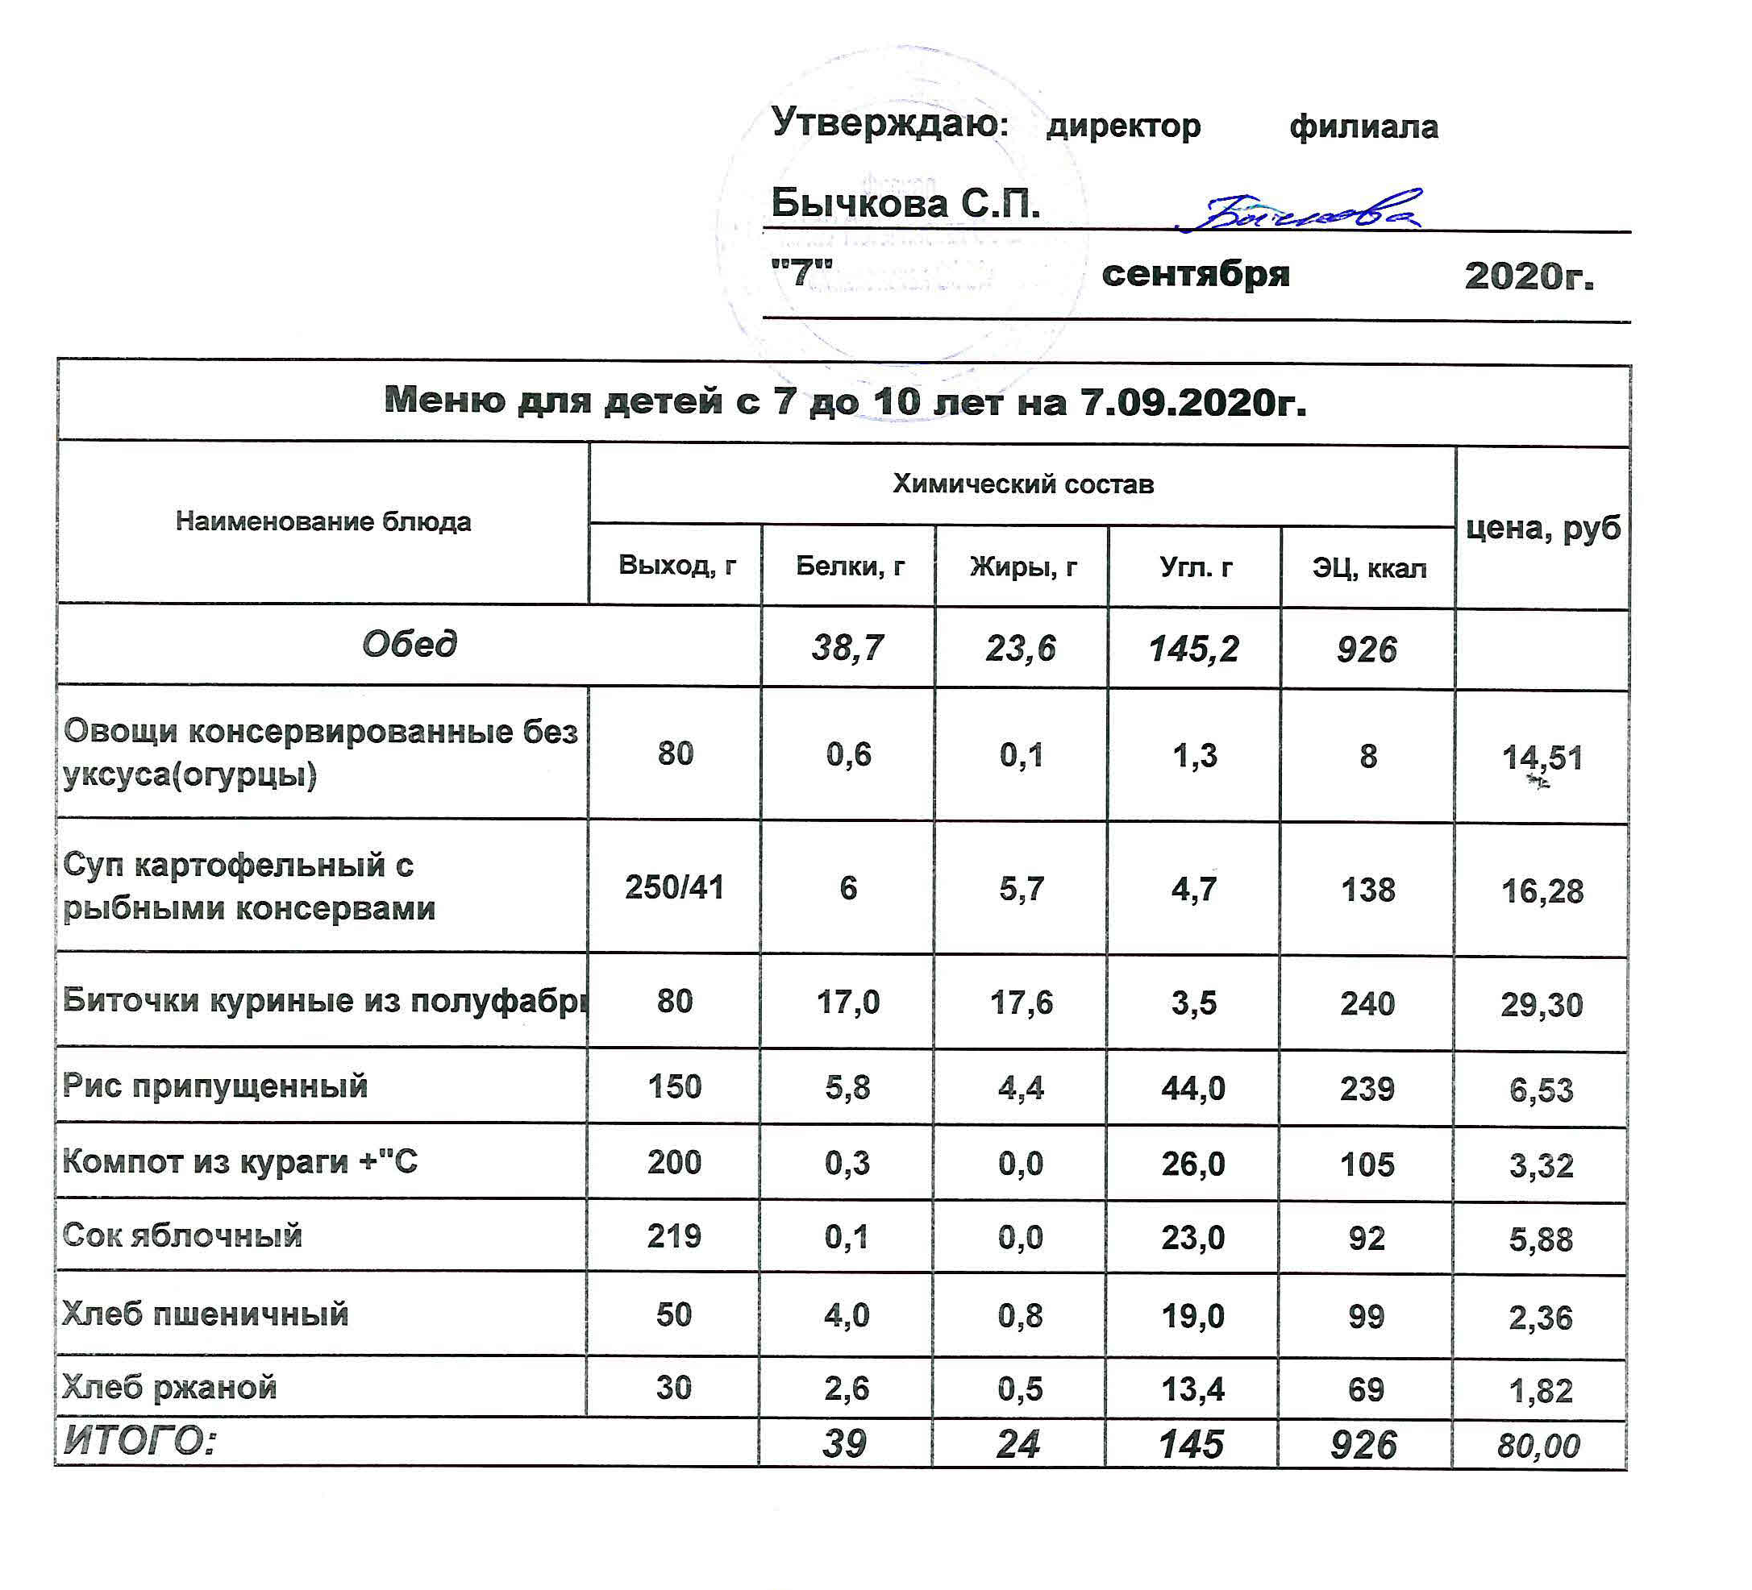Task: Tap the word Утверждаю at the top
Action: (888, 122)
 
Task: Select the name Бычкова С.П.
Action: (905, 203)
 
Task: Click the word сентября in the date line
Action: (1196, 275)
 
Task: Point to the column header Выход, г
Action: (677, 566)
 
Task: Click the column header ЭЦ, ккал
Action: (1369, 568)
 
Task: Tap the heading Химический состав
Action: (1023, 484)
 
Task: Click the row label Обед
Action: (409, 645)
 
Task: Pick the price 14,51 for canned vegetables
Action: (1542, 758)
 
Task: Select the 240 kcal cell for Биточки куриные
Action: (1367, 1003)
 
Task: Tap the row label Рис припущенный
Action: (215, 1086)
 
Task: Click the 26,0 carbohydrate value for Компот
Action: (1193, 1164)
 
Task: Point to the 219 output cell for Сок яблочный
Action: (673, 1236)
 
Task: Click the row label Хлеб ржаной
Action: (170, 1388)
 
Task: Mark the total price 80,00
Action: (1538, 1446)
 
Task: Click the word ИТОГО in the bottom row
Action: (139, 1442)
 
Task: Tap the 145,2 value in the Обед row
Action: (1194, 649)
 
